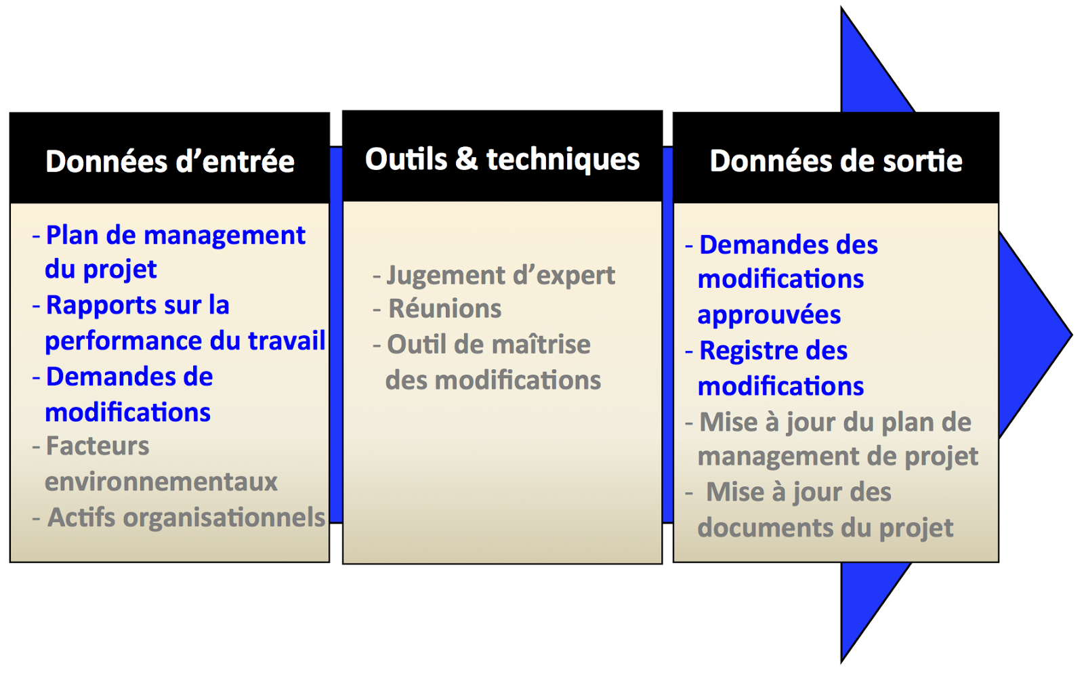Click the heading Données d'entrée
(x=170, y=161)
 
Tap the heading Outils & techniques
(x=502, y=160)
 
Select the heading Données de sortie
(x=836, y=161)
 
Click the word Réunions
(x=444, y=309)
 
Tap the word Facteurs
(x=98, y=446)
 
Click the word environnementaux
(x=161, y=482)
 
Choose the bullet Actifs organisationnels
(x=179, y=518)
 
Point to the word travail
(x=287, y=341)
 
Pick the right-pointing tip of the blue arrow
(x=1072, y=335)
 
